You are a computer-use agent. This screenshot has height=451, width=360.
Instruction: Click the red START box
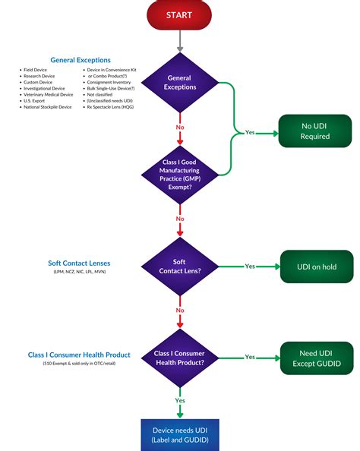click(179, 14)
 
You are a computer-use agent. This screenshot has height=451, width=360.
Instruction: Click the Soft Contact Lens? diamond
click(179, 266)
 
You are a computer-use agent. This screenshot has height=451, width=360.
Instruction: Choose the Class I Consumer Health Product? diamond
click(179, 356)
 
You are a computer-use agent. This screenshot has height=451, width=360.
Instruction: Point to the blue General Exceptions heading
click(80, 60)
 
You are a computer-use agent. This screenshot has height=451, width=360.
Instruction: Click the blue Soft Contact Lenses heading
click(79, 263)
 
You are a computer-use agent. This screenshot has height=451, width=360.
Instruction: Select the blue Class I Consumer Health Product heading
click(79, 355)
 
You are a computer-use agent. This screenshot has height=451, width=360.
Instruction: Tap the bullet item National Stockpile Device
click(47, 107)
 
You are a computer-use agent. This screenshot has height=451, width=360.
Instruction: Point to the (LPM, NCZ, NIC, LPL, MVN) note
click(79, 272)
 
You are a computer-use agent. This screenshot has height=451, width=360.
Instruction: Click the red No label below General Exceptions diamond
click(179, 127)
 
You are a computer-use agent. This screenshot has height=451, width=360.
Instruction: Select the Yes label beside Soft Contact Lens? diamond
click(250, 266)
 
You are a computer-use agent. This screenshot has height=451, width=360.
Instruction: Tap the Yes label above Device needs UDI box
click(179, 400)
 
